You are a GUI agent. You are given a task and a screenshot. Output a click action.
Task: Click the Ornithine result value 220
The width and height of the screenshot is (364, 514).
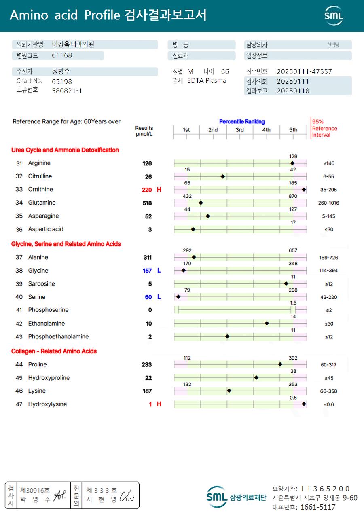pyautogui.click(x=147, y=190)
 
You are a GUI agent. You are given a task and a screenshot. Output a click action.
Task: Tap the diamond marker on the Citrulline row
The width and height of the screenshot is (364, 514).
pyautogui.click(x=223, y=177)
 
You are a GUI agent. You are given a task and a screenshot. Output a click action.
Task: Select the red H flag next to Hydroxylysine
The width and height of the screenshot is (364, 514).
pyautogui.click(x=159, y=404)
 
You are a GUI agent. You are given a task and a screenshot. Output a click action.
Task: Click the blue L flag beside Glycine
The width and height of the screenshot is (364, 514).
pyautogui.click(x=159, y=271)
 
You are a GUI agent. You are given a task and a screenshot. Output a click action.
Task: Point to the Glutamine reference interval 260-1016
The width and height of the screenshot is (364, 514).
pyautogui.click(x=328, y=203)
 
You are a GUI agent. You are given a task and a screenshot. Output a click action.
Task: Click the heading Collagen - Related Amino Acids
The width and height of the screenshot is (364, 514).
pyautogui.click(x=54, y=351)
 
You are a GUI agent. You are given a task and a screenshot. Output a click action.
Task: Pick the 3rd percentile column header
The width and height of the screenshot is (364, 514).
pyautogui.click(x=240, y=130)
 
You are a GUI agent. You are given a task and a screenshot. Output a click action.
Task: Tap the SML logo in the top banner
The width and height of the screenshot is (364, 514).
pyautogui.click(x=334, y=16)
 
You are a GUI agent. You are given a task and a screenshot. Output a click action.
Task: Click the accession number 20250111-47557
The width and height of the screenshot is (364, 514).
pyautogui.click(x=304, y=72)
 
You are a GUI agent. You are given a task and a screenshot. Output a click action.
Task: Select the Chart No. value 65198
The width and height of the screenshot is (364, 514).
pyautogui.click(x=62, y=81)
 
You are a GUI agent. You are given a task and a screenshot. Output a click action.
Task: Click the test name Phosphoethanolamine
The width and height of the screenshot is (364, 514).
pyautogui.click(x=58, y=336)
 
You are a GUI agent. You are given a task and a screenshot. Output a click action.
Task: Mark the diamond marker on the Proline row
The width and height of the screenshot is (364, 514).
pyautogui.click(x=280, y=364)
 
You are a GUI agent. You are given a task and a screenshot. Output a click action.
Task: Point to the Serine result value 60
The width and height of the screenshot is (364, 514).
pyautogui.click(x=148, y=297)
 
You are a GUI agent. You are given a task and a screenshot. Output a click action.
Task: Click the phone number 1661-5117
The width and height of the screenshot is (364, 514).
pyautogui.click(x=318, y=507)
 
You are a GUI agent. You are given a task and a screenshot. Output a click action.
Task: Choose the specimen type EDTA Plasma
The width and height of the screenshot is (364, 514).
pyautogui.click(x=207, y=81)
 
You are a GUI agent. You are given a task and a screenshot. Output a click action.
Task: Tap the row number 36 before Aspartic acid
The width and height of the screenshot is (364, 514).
pyautogui.click(x=19, y=229)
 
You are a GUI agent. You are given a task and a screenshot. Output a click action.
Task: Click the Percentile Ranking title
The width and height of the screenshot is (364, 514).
pyautogui.click(x=242, y=121)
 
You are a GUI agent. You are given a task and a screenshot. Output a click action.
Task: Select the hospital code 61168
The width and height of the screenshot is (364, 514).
pyautogui.click(x=62, y=55)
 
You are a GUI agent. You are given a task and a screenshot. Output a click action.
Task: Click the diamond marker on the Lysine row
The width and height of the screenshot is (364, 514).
pyautogui.click(x=229, y=391)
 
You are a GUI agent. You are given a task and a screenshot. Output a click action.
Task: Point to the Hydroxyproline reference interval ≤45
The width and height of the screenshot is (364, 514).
pyautogui.click(x=328, y=378)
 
